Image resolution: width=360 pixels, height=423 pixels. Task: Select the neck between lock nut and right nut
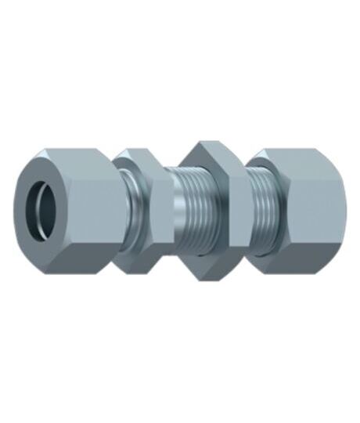[248, 210]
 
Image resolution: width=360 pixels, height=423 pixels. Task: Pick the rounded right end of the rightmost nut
[338, 210]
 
